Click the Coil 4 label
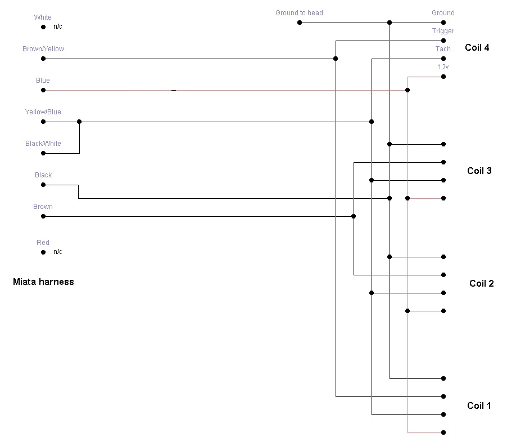[477, 47]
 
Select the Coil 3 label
[479, 171]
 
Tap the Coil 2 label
[481, 283]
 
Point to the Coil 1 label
[479, 405]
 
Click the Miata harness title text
[43, 282]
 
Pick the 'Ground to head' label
[299, 13]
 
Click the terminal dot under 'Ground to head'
[300, 23]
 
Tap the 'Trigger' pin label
[443, 31]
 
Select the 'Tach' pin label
[443, 49]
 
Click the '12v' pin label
[443, 67]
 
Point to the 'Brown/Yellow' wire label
[43, 49]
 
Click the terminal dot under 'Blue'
[43, 90]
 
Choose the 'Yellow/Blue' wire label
[43, 112]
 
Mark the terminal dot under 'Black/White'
[43, 153]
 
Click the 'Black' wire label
[43, 175]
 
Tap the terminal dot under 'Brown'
[43, 216]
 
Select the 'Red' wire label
[43, 243]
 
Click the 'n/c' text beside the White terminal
[58, 26]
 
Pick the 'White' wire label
[43, 17]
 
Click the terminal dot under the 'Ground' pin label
[443, 23]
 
